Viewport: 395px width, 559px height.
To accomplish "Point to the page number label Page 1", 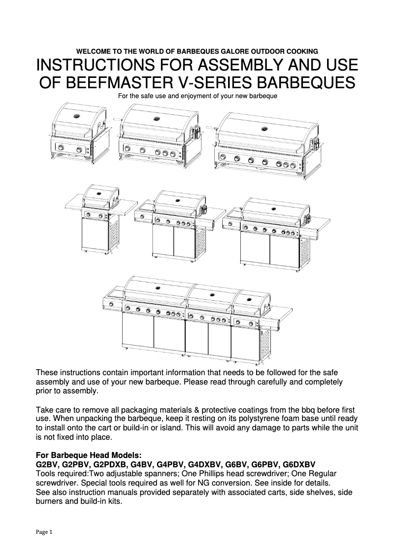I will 44,532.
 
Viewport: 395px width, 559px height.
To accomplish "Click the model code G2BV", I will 48,464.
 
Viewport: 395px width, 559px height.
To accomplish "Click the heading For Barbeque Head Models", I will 89,455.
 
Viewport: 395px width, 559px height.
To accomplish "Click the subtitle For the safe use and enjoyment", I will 197,95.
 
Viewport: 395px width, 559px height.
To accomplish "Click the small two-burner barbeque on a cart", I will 98,217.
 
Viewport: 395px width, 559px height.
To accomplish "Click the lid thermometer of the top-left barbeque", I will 76,116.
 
